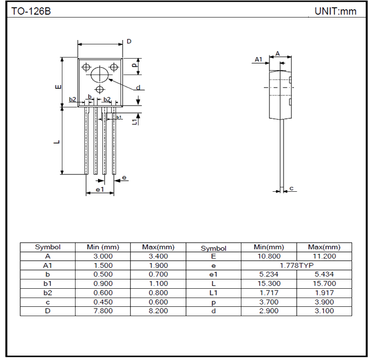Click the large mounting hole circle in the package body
[100, 74]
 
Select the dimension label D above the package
[129, 42]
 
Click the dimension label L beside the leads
[57, 142]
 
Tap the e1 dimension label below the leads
[100, 189]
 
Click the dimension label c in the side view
[292, 188]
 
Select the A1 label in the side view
[259, 59]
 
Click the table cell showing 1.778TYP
[296, 265]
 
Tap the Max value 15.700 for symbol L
[324, 283]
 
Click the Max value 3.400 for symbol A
[158, 256]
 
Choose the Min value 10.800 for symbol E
[269, 256]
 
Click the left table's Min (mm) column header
[103, 247]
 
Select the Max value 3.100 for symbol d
[324, 311]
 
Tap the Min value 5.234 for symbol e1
[269, 275]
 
